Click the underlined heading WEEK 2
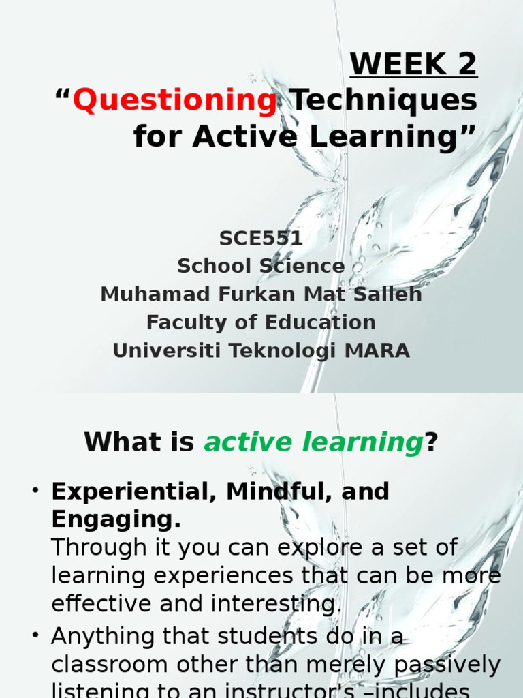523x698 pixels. pyautogui.click(x=413, y=65)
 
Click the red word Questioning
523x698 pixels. pyautogui.click(x=174, y=101)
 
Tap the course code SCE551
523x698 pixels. pyautogui.click(x=261, y=239)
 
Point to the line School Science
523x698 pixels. pyautogui.click(x=261, y=266)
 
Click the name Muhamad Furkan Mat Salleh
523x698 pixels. pyautogui.click(x=261, y=294)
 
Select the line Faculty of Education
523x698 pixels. pyautogui.click(x=261, y=322)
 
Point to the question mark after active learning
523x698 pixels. pyautogui.click(x=430, y=444)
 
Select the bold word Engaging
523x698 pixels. pyautogui.click(x=116, y=520)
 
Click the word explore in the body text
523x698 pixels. pyautogui.click(x=321, y=547)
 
